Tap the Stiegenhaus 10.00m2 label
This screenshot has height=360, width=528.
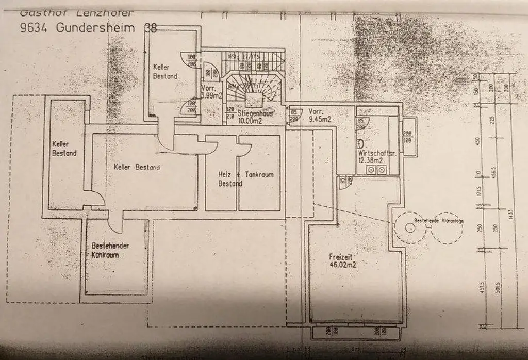[x=255, y=117]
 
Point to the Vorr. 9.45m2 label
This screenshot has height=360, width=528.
[x=320, y=115]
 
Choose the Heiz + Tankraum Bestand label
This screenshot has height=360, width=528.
[x=245, y=179]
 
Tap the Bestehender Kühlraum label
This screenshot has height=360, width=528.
[x=110, y=250]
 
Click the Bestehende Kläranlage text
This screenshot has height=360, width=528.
[x=439, y=221]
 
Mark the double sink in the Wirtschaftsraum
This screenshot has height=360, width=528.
[x=376, y=170]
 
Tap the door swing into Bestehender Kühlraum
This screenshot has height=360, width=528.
[x=115, y=224]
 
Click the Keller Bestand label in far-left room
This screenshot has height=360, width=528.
[x=64, y=149]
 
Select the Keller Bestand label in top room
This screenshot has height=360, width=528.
[x=166, y=71]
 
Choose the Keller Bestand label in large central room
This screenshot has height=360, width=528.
[x=137, y=167]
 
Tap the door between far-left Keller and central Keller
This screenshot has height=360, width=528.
[x=91, y=199]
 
